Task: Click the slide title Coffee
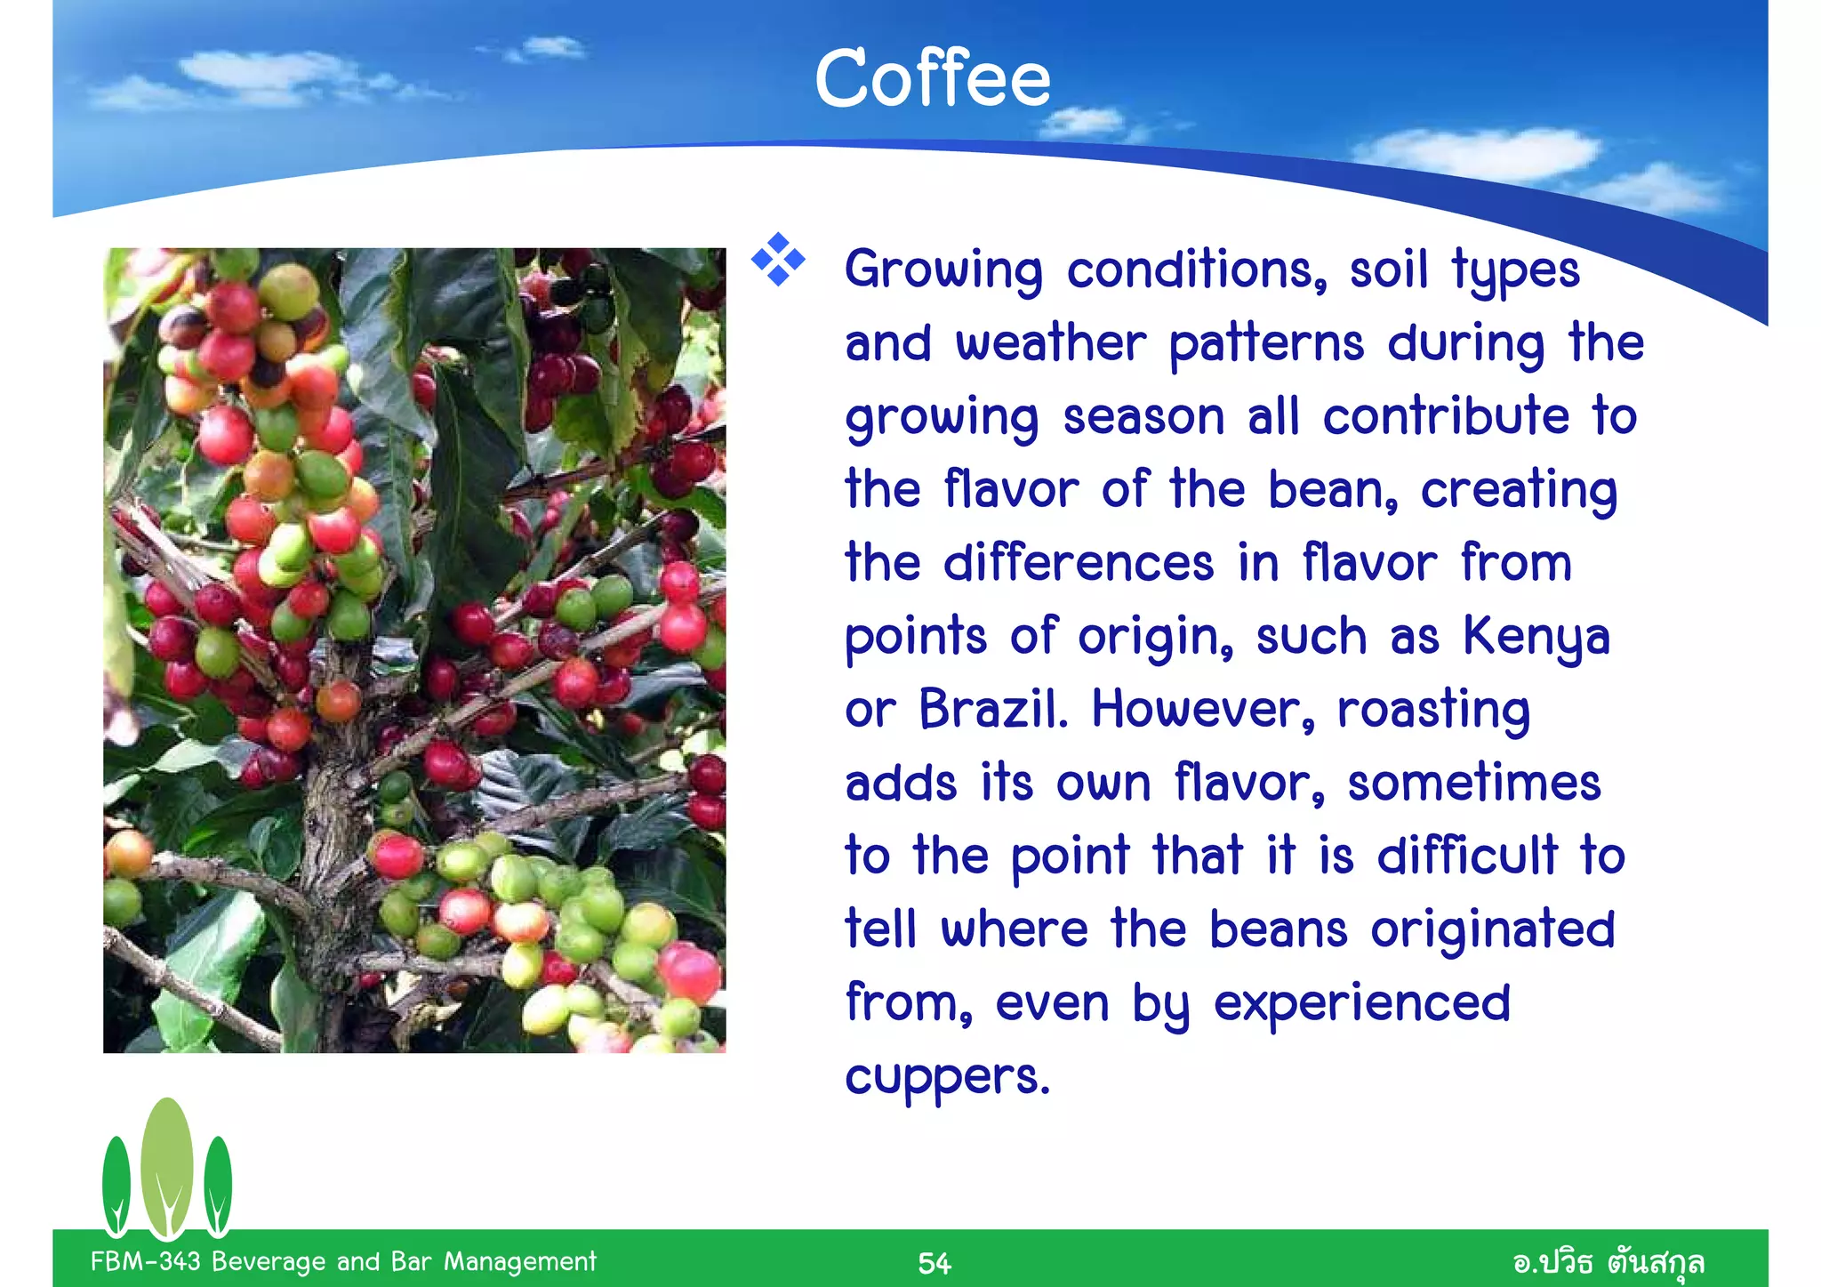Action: pos(932,78)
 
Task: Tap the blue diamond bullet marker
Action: pos(778,260)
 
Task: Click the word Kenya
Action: pos(1536,637)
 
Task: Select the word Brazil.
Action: pos(991,710)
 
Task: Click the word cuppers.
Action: pos(946,1077)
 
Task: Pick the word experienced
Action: pos(1361,1004)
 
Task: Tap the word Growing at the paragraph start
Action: pos(943,270)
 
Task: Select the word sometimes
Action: pos(1473,784)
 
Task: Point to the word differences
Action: pos(1078,564)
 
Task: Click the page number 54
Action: pos(934,1263)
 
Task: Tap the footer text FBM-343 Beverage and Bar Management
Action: pos(343,1261)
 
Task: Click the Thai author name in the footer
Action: pos(1608,1262)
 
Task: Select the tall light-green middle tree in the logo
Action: pos(166,1165)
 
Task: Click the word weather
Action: pos(1050,344)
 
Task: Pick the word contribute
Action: pos(1446,417)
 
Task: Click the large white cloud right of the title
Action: pos(1476,153)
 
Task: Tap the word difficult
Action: pos(1467,857)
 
